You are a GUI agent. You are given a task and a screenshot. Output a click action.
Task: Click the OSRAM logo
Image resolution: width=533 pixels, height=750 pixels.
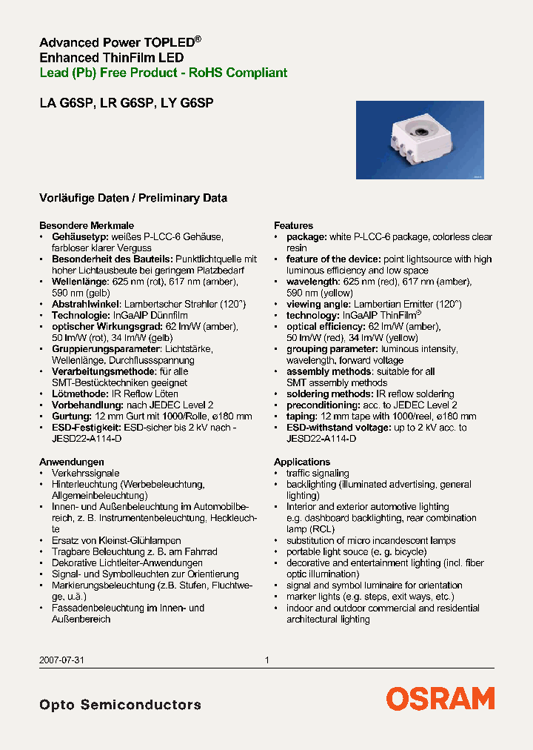(x=440, y=698)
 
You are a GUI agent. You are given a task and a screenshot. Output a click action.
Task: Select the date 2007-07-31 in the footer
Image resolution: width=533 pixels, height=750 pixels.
(x=58, y=660)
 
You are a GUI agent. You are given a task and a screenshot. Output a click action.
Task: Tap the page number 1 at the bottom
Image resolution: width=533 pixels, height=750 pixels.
(x=266, y=660)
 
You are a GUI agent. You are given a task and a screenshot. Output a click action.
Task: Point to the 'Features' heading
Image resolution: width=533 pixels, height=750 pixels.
(x=293, y=225)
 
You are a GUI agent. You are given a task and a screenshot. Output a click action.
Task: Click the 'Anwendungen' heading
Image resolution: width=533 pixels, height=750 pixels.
(x=71, y=462)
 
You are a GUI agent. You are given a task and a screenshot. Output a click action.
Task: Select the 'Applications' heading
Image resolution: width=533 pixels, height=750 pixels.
(x=301, y=462)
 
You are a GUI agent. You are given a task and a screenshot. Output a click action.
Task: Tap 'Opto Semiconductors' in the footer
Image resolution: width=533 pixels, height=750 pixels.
(x=120, y=704)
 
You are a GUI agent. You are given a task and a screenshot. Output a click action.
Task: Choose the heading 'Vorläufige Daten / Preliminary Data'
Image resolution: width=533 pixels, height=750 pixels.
(x=133, y=198)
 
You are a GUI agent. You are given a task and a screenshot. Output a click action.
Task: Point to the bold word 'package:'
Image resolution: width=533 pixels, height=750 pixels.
(x=306, y=236)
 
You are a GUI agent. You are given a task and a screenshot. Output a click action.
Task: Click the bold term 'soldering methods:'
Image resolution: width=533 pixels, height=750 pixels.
(x=329, y=394)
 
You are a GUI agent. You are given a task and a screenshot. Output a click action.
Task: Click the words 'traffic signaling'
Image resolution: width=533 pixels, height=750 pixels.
(x=318, y=473)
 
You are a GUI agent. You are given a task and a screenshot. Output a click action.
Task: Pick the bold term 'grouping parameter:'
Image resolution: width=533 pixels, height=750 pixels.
(x=332, y=349)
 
